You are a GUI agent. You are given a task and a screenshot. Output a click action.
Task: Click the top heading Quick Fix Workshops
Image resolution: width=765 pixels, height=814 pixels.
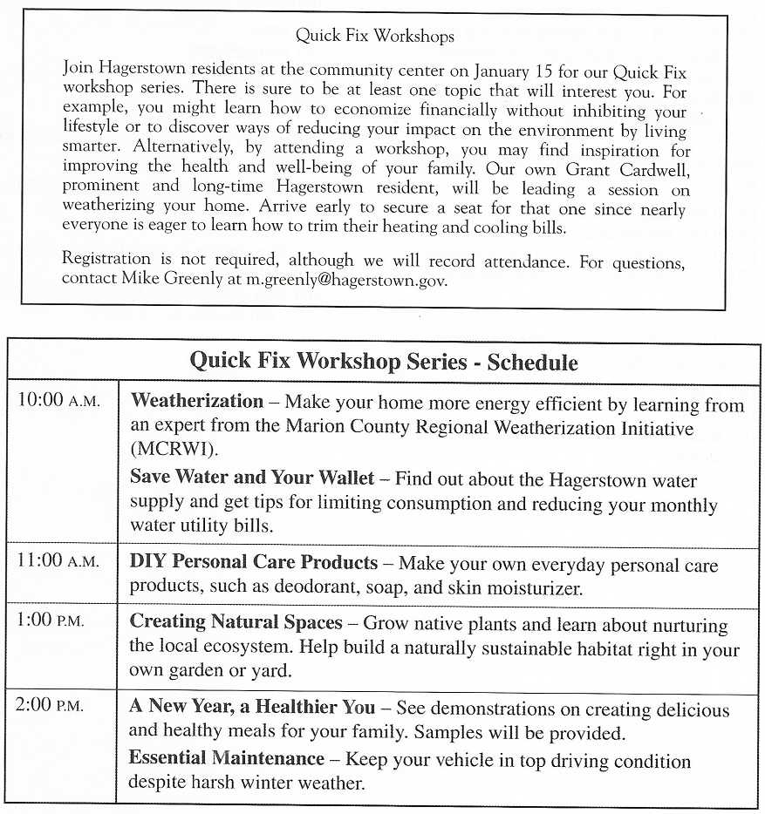tap(374, 36)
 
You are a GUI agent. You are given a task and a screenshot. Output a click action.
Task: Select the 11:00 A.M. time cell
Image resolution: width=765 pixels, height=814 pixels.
tap(58, 560)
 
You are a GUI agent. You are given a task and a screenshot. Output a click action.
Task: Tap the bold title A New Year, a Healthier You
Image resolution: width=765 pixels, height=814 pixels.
tap(252, 707)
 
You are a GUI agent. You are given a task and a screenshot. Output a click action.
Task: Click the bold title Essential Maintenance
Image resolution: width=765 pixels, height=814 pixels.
tap(227, 758)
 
